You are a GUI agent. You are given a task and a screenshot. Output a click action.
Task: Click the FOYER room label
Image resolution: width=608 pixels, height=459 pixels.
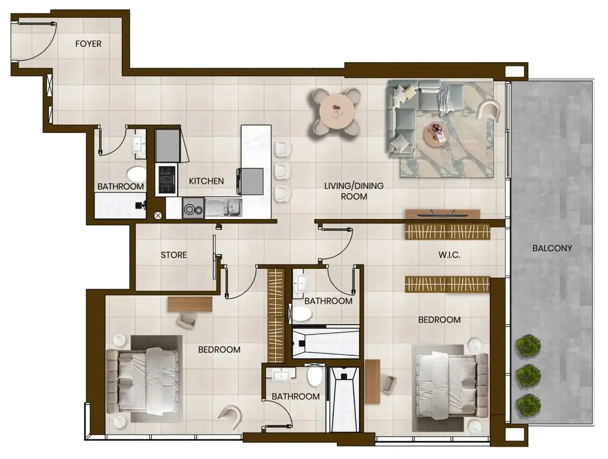pos(88,44)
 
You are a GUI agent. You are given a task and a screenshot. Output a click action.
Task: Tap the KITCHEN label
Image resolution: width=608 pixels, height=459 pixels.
pos(206,181)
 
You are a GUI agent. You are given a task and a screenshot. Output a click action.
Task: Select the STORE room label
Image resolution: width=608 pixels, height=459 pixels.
pos(174,255)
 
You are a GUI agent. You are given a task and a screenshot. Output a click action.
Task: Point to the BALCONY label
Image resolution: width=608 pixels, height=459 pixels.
pos(552,248)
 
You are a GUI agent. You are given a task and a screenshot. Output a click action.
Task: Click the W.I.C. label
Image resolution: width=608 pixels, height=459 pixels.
pos(449,255)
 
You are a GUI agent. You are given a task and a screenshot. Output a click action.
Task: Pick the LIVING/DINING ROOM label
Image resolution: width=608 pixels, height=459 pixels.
pos(354,191)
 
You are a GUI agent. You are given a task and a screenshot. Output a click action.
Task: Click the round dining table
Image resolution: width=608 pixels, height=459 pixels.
pos(337,112)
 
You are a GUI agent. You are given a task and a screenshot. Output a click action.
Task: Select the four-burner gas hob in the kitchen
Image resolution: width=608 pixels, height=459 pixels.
pos(167,180)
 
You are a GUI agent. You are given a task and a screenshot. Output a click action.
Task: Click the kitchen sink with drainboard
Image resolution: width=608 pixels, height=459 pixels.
pos(223,208)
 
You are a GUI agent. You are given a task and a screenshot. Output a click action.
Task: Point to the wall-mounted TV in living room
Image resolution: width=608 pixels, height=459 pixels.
pos(443,214)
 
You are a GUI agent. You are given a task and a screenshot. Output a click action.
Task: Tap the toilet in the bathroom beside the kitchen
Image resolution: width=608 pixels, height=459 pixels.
pos(136,174)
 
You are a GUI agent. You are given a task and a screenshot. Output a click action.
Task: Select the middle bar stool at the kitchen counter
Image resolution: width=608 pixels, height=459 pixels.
pos(283,170)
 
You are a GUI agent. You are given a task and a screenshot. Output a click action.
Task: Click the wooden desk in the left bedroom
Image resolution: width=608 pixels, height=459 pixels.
pos(190,304)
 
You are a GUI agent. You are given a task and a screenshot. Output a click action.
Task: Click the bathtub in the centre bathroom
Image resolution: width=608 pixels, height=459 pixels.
pos(326,342)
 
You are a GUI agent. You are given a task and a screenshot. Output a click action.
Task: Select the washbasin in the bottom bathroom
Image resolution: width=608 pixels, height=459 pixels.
pos(281,376)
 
